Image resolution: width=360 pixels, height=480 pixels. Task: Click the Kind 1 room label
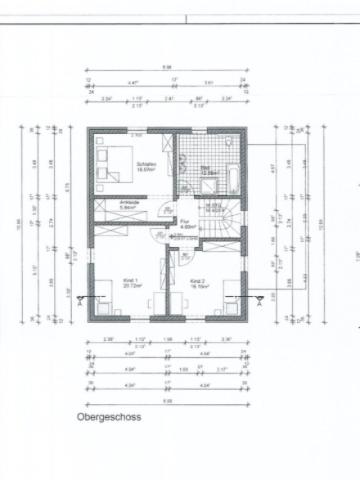(x=129, y=283)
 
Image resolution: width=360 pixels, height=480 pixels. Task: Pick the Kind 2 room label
(x=197, y=283)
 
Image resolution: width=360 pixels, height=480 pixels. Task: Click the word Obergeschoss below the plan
(x=102, y=414)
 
